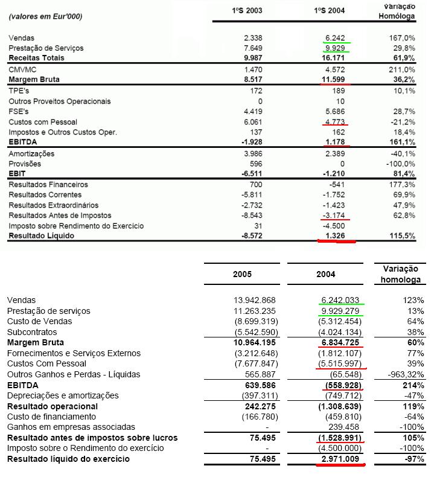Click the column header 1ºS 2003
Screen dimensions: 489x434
(247, 11)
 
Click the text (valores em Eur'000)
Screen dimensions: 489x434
(46, 16)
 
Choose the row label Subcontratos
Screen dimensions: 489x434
(32, 332)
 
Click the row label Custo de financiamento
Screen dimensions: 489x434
(51, 417)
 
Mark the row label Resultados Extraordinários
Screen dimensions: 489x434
(55, 205)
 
